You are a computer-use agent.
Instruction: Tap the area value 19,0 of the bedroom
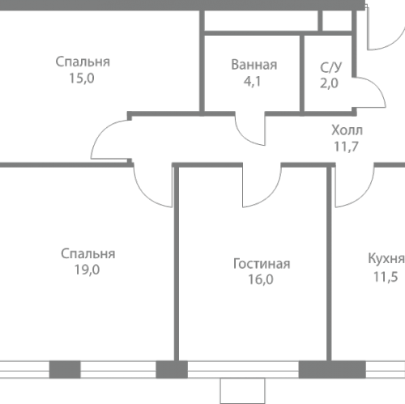(x=87, y=270)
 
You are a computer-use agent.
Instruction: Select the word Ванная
(x=254, y=65)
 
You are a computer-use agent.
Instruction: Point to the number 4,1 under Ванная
(x=254, y=81)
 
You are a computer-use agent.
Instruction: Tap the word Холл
(x=347, y=130)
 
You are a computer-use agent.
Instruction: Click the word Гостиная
(x=261, y=264)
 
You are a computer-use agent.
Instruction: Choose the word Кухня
(x=385, y=258)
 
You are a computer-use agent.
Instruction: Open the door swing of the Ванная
(x=254, y=130)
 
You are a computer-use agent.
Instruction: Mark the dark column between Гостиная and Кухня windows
(x=321, y=369)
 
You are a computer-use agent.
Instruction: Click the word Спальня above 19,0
(x=87, y=254)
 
